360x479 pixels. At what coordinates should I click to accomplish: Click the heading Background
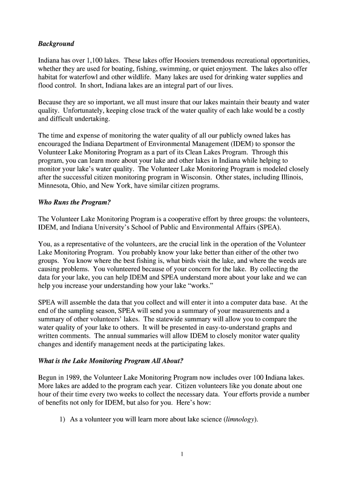56,44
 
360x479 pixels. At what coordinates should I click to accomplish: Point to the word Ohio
84,186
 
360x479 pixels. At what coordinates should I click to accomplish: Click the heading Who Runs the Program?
74,203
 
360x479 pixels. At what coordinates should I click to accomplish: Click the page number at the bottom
180,453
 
